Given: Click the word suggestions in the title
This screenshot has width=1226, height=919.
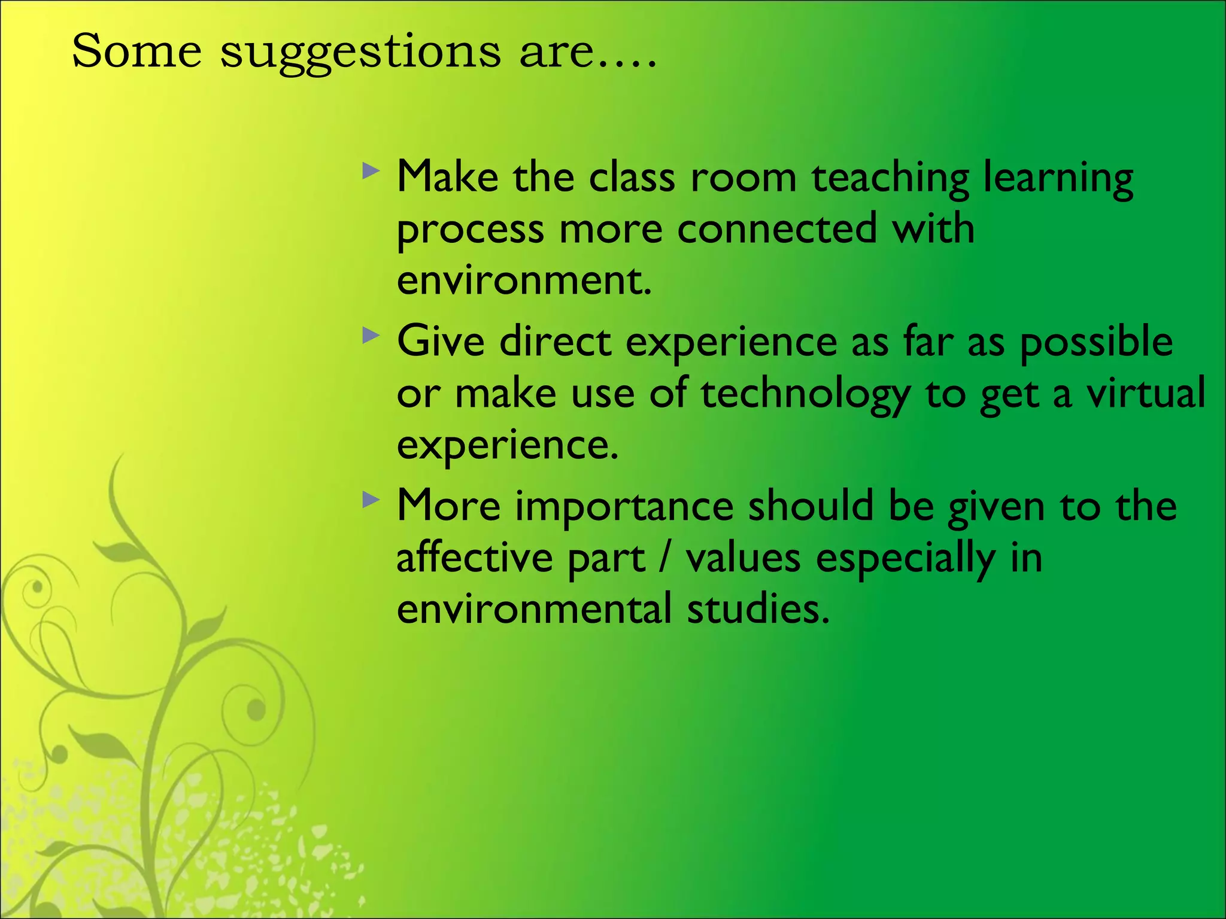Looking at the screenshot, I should pyautogui.click(x=360, y=53).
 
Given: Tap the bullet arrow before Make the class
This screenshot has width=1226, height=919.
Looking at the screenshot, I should pyautogui.click(x=371, y=172).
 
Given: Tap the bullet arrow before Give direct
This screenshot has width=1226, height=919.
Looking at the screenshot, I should pyautogui.click(x=371, y=336).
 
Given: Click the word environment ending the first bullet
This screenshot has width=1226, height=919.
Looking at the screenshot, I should pyautogui.click(x=523, y=281).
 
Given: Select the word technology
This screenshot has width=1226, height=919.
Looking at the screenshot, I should pyautogui.click(x=805, y=395).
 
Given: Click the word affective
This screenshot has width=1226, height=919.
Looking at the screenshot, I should pyautogui.click(x=474, y=557).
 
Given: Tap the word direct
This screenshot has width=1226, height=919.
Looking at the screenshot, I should pyautogui.click(x=555, y=342).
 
